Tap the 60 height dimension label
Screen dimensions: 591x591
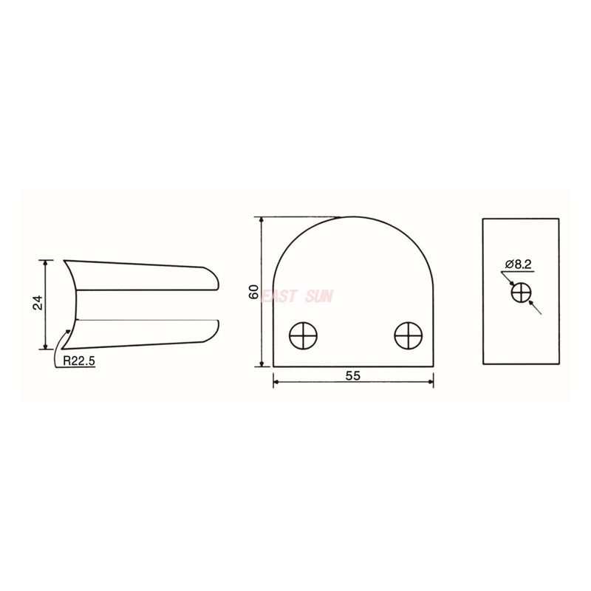tap(253, 292)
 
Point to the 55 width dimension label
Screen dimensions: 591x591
tap(352, 375)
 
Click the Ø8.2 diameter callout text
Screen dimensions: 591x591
tap(520, 264)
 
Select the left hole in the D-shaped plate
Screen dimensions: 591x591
tap(304, 336)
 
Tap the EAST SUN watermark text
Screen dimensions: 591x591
tap(298, 296)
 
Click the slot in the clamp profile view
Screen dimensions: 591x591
tap(148, 305)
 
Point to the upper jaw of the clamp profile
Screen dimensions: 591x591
tap(140, 276)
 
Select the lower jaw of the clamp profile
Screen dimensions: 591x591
tap(140, 333)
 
